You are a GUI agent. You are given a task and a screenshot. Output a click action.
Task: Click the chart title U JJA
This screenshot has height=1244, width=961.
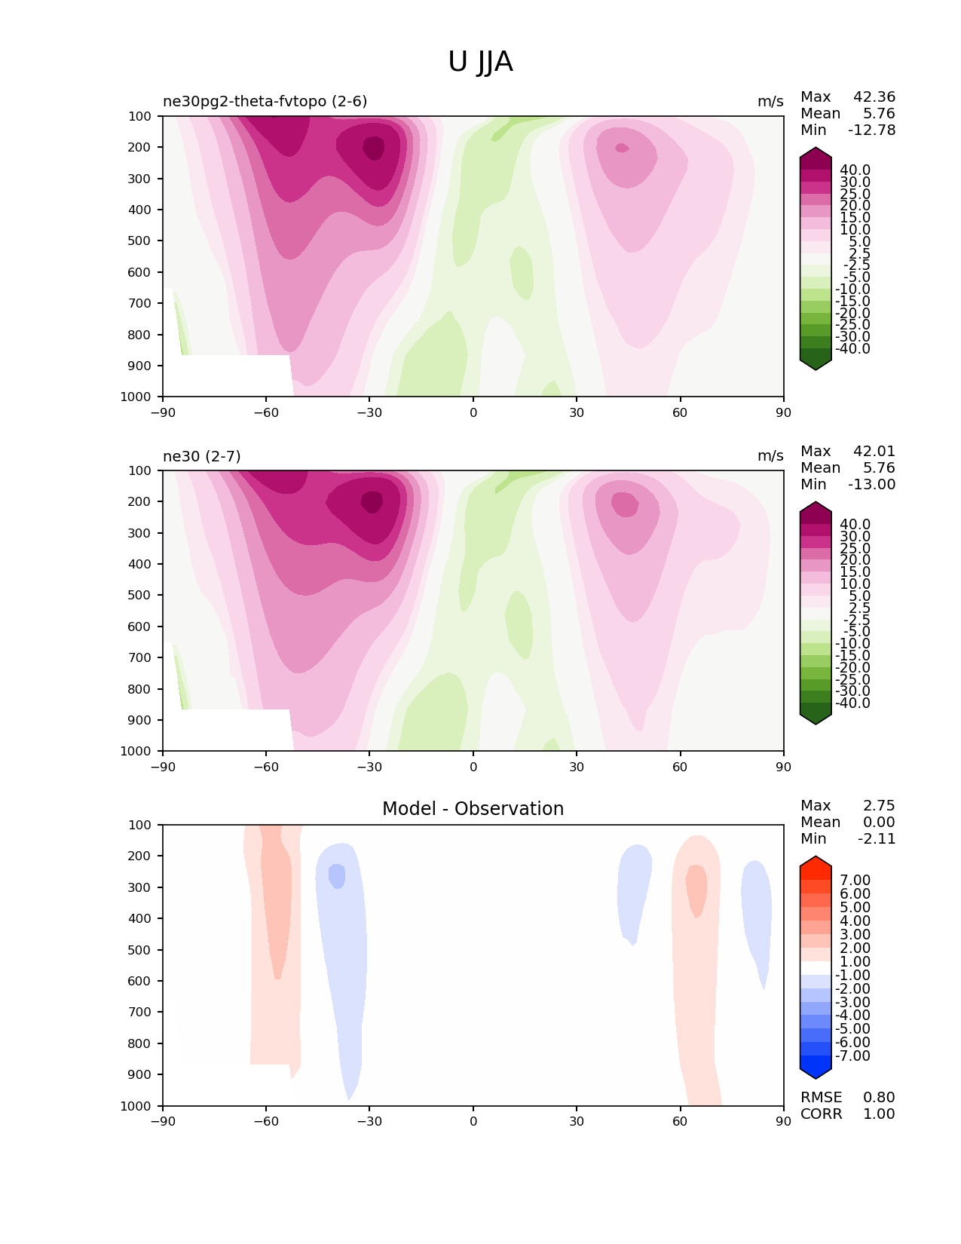pos(480,62)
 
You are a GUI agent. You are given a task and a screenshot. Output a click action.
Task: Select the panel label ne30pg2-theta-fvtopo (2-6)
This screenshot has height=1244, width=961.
pos(265,102)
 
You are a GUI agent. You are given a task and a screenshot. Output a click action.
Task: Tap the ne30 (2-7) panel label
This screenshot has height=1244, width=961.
pos(202,456)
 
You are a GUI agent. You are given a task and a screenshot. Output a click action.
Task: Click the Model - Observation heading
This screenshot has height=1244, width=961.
pos(473,809)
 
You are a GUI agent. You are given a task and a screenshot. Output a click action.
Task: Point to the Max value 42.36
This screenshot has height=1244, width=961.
pos(874,97)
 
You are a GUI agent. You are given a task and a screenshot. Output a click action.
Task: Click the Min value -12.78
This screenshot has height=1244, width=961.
pos(871,130)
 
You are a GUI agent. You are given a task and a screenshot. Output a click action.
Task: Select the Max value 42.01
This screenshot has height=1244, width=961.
pos(874,452)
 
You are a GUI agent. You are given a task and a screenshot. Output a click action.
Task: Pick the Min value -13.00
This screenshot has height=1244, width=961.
pos(871,485)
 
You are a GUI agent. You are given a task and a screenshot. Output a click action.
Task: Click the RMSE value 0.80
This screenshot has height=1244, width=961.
pos(879,1098)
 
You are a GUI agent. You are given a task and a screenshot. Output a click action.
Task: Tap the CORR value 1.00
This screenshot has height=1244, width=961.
pos(879,1114)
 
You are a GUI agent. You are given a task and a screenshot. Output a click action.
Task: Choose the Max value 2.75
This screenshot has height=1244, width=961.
pos(879,806)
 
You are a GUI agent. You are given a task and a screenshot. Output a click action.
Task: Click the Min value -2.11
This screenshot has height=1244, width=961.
pos(877,839)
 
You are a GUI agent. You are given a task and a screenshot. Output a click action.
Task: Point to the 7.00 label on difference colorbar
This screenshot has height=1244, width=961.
pos(855,881)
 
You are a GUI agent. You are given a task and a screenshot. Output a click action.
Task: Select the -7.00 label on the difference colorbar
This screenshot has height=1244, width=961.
pos(853,1056)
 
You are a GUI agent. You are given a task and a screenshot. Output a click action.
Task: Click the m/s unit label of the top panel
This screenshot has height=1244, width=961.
pos(770,102)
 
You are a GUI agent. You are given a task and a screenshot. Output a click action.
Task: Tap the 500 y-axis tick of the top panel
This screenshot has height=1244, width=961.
pos(140,241)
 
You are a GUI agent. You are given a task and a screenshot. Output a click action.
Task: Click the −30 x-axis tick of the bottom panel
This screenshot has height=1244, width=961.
pos(369,1121)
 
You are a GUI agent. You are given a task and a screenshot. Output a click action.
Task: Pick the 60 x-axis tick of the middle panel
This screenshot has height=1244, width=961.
pos(680,767)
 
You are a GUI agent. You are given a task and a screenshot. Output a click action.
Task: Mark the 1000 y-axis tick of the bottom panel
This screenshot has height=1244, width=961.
pos(136,1106)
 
